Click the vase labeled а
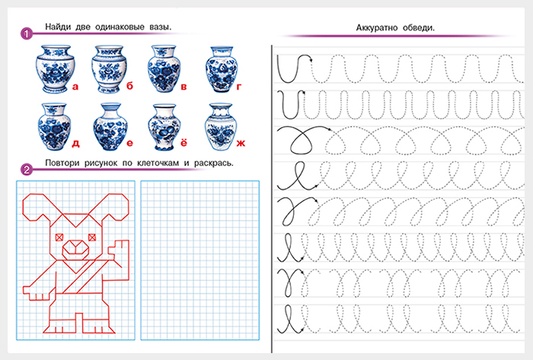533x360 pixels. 55,69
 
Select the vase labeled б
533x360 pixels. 109,69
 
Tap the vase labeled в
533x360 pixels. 164,69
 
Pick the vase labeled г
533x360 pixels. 222,69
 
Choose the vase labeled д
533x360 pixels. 54,126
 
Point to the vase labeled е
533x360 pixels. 110,126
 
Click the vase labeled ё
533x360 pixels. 164,127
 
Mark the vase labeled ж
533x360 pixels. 221,126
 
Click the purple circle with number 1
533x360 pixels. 27,33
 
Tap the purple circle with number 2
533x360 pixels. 27,169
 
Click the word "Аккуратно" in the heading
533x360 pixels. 377,28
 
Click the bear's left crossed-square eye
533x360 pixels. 59,237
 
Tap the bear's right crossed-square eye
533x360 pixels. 92,237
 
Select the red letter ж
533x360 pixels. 241,143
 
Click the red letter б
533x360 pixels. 129,85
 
